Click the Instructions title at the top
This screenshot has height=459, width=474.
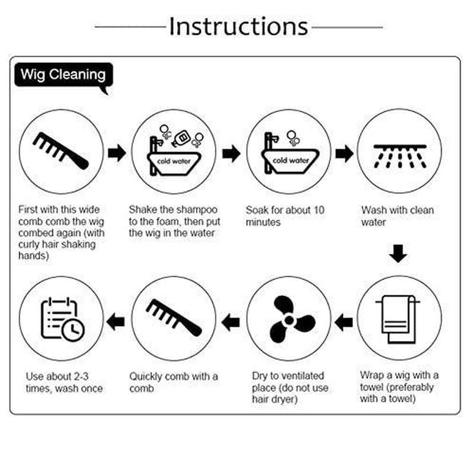click(239, 26)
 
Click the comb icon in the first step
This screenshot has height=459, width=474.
click(61, 151)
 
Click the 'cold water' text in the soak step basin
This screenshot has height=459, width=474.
click(290, 161)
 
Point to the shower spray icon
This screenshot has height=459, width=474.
click(399, 156)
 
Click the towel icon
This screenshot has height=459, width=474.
click(398, 319)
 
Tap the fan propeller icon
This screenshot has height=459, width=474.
click(289, 320)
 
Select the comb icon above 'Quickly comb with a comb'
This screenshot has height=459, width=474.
click(174, 318)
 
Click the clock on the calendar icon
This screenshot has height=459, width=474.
click(73, 330)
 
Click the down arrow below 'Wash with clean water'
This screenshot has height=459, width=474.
click(398, 254)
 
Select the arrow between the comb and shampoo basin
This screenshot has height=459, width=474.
click(117, 153)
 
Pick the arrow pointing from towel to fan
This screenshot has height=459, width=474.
click(344, 322)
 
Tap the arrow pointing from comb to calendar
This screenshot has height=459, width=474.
click(116, 321)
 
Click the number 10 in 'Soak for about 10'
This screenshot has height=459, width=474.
click(319, 210)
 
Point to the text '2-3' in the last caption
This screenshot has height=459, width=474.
click(81, 377)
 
